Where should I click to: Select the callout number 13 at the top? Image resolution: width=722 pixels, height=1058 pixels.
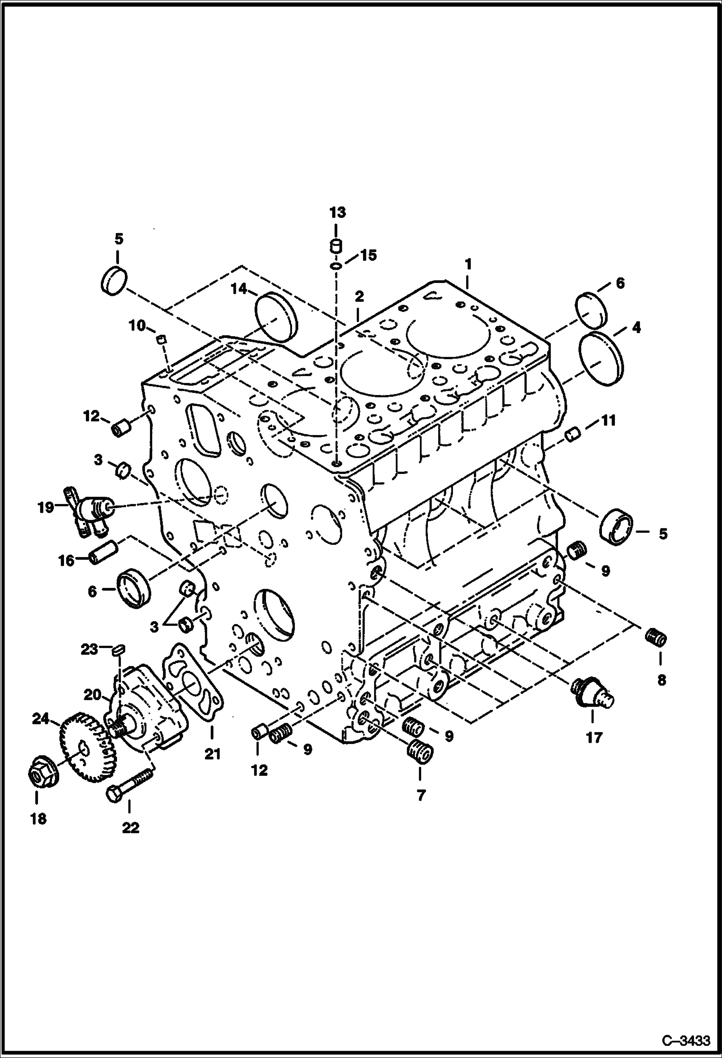pos(337,212)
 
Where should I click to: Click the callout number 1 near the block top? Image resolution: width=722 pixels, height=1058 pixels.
pos(467,264)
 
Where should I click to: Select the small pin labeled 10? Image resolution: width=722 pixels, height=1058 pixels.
pos(162,339)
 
